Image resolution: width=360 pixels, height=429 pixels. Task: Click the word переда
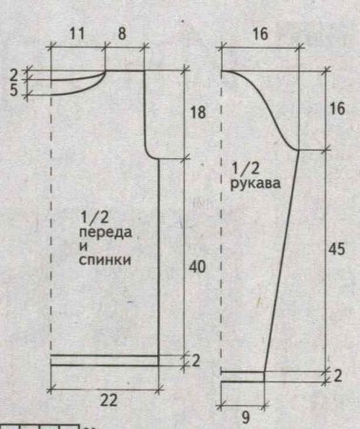107,232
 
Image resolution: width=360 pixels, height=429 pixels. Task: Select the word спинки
107,259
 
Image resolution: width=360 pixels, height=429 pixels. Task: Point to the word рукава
255,188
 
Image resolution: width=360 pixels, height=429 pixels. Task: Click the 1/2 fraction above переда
98,216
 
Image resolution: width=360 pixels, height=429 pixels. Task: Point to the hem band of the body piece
105,359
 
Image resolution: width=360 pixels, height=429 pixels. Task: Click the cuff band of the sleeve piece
242,376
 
